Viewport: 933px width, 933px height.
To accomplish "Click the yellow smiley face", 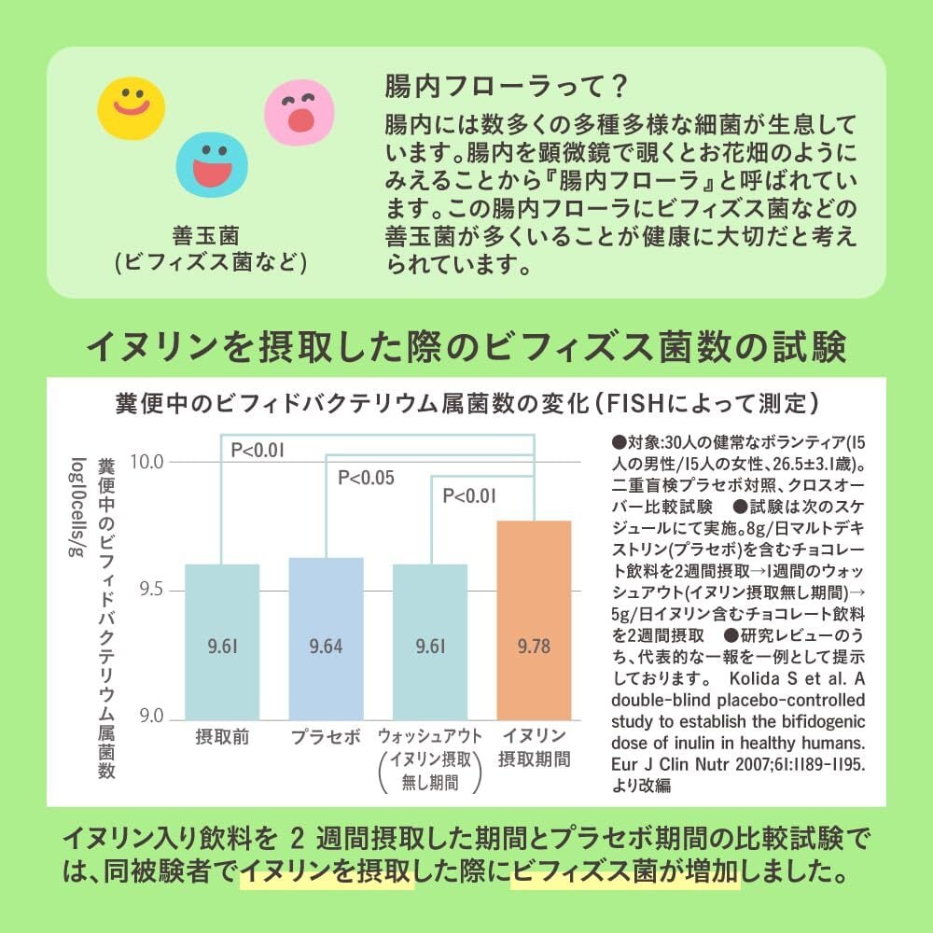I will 132,105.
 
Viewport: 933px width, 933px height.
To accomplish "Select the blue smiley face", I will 213,164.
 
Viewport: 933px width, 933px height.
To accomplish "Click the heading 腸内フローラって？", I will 505,89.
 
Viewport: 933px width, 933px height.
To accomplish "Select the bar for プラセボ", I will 326,638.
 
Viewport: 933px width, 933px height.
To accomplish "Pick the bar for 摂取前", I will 221,641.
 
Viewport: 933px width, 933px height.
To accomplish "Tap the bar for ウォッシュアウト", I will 430,641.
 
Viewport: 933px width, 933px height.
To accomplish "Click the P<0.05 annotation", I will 366,480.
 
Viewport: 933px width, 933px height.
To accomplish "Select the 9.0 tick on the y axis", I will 150,718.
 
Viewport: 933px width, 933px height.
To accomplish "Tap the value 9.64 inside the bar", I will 326,645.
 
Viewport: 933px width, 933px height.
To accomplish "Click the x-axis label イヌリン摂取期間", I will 534,745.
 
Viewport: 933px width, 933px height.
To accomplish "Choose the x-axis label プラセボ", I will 326,737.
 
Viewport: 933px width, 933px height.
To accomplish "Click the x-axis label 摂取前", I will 221,737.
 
